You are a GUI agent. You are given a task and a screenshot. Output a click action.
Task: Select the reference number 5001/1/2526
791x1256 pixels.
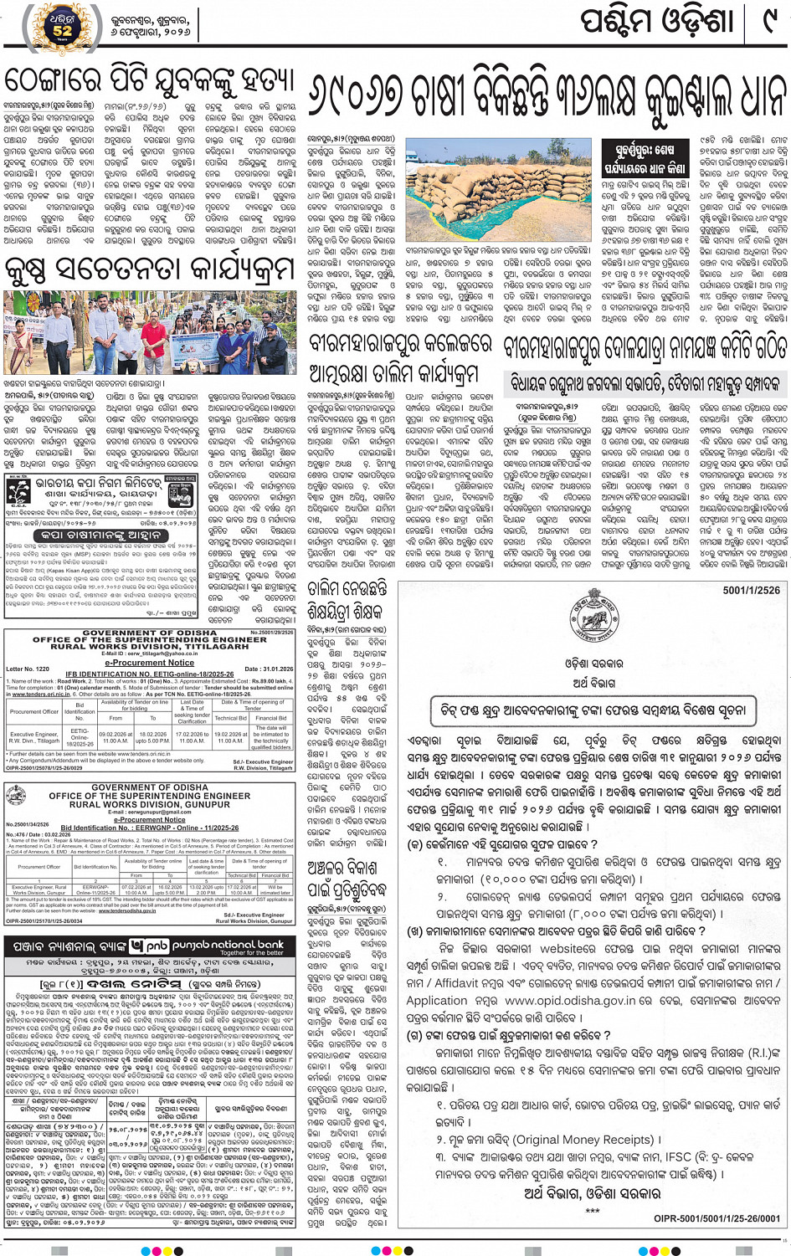pos(751,591)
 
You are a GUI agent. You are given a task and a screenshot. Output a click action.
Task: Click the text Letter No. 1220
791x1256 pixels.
pos(28,669)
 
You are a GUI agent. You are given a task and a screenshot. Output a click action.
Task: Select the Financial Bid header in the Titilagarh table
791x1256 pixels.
pos(270,718)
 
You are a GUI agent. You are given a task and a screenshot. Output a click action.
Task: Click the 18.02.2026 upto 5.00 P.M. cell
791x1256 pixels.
pos(152,737)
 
